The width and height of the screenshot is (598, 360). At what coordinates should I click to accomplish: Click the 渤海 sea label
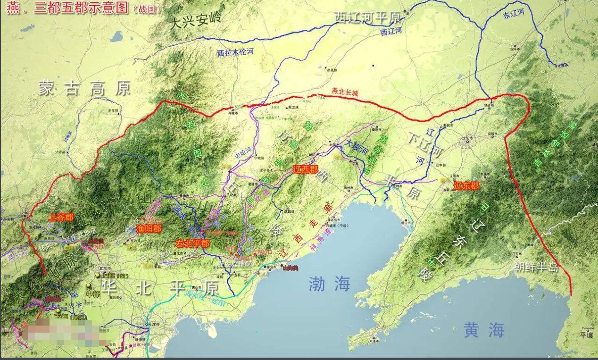[330, 284]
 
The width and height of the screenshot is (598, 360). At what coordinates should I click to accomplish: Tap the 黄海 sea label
[484, 329]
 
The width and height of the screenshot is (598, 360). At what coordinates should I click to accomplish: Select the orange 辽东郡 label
[467, 186]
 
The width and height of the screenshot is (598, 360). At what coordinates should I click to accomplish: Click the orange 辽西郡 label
[306, 169]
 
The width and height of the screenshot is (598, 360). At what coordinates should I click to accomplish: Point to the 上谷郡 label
[61, 218]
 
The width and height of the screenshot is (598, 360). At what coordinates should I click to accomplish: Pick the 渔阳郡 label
[149, 229]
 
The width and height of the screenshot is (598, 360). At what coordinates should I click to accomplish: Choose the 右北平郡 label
[192, 243]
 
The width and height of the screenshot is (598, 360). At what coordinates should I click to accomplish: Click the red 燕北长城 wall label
[345, 93]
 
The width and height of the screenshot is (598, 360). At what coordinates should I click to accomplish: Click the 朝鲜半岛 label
[536, 268]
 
